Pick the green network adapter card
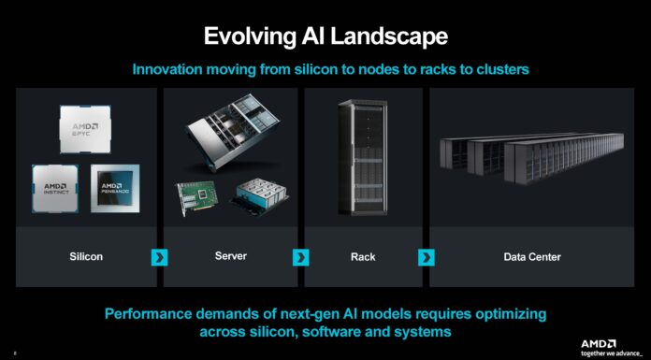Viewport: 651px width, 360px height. coord(201,198)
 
